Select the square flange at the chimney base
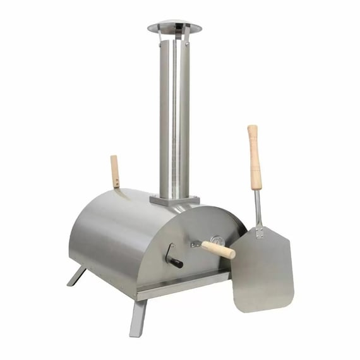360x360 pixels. pos(174,200)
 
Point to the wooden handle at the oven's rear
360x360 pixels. pos(114,171)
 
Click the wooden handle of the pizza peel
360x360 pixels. pos(254,158)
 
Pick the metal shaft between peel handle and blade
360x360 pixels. pos(258,208)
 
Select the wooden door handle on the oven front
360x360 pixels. pos(219,249)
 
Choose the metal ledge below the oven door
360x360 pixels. pos(183,284)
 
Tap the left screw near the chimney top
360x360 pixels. pos(161,45)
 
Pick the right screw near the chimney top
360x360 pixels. pos(188,45)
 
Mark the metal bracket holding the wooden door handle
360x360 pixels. pos(196,244)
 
